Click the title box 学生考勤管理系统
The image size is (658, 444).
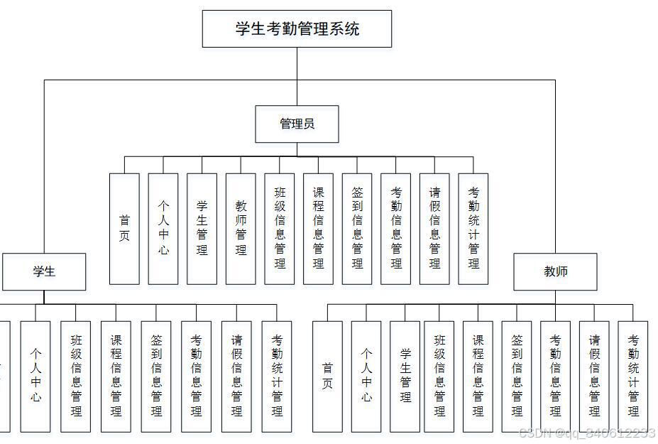(297, 29)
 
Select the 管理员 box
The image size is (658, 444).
(297, 124)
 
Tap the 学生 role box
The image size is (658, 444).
(44, 271)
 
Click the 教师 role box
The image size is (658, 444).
(555, 271)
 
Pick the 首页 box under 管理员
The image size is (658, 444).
(124, 229)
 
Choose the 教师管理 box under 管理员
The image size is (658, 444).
(241, 229)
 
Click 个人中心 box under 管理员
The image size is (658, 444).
(163, 229)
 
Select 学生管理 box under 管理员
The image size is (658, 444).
(202, 229)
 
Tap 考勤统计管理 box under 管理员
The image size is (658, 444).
(473, 229)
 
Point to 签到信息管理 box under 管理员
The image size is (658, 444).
(357, 229)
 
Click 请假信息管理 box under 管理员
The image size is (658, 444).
(434, 229)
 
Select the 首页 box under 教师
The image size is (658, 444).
(327, 377)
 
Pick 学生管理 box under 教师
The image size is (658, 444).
(405, 377)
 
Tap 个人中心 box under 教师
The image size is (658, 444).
(366, 377)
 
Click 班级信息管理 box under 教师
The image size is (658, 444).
(439, 377)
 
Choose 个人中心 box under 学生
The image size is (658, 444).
(35, 377)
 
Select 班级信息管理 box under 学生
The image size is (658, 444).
(76, 377)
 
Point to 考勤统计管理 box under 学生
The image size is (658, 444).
(277, 377)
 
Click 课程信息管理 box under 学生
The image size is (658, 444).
(116, 377)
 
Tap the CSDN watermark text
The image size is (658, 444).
(586, 433)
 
